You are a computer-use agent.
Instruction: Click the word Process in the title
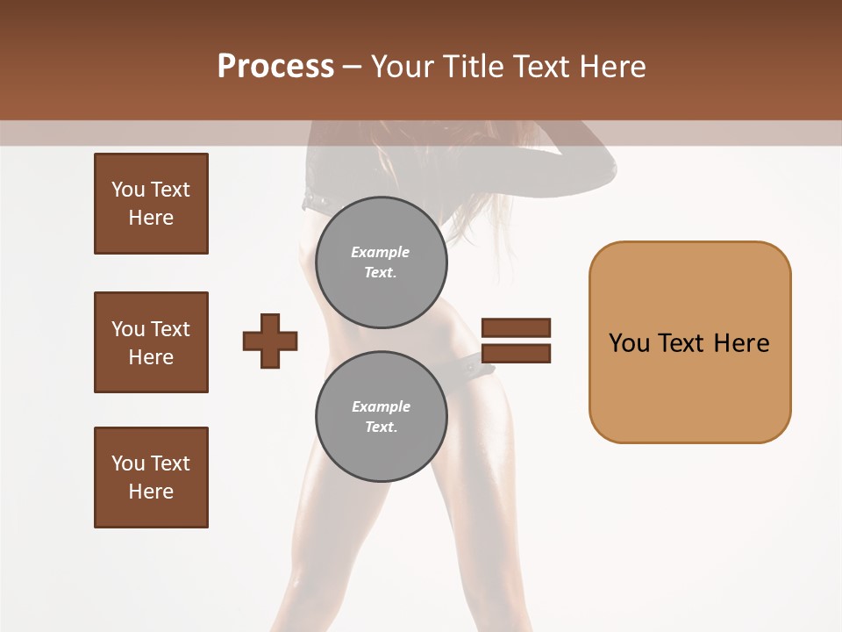[x=275, y=67]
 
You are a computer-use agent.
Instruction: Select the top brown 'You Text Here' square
[x=151, y=204]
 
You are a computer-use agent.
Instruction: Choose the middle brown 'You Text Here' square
[x=151, y=342]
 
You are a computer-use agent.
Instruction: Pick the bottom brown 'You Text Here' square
[x=151, y=478]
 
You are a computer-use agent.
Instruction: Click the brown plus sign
[x=270, y=341]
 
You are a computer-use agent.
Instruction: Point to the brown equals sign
[x=516, y=341]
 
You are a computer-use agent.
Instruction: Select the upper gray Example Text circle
[x=382, y=262]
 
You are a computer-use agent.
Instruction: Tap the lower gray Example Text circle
[x=382, y=416]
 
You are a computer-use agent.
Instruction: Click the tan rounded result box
[x=689, y=342]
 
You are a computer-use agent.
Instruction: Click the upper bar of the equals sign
[x=516, y=328]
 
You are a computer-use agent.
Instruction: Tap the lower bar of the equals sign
[x=516, y=354]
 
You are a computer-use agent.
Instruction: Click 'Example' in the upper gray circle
[x=381, y=253]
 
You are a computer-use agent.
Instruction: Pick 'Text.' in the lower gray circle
[x=382, y=427]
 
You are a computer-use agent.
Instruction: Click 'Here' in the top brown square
[x=151, y=218]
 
